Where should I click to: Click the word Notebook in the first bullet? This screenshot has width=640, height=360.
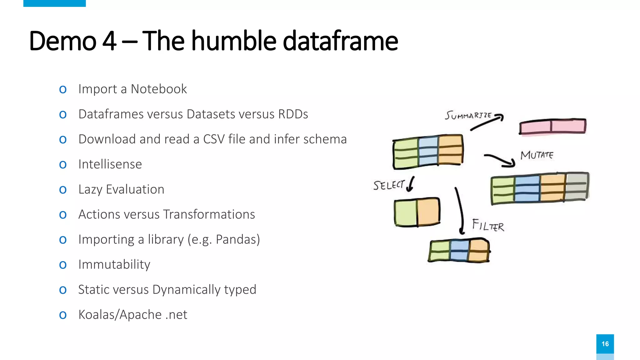click(x=159, y=89)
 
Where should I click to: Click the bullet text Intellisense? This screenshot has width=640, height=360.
click(x=110, y=164)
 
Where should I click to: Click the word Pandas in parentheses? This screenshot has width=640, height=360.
click(x=236, y=240)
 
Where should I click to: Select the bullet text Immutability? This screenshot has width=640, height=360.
click(x=114, y=265)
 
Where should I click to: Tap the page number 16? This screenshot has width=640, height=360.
click(x=605, y=344)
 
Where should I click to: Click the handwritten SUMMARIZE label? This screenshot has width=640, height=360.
click(x=468, y=115)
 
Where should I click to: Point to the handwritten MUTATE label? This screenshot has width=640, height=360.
click(x=537, y=155)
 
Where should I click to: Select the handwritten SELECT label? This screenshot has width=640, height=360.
click(x=389, y=185)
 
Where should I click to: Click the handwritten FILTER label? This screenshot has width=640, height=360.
click(x=488, y=225)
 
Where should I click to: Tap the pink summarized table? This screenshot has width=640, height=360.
click(x=552, y=127)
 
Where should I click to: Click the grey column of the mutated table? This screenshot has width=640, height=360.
click(x=577, y=187)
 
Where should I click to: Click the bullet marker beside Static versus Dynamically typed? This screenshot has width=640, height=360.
click(x=63, y=290)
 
